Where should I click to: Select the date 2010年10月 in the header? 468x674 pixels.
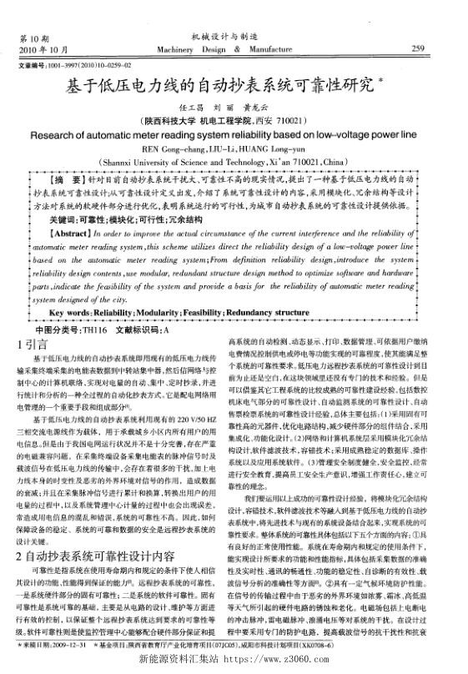pos(37,50)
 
